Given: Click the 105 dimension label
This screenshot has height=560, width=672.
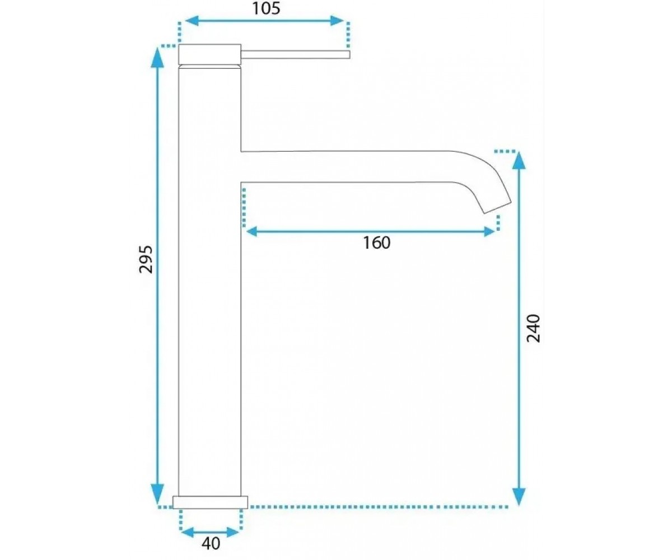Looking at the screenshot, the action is point(266,9).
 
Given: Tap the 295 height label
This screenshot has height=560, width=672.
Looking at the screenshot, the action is point(146,260).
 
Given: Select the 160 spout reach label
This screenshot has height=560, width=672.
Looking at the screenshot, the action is point(376,243).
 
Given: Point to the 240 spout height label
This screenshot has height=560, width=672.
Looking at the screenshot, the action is point(533,328).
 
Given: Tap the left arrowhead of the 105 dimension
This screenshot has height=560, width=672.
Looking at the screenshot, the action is point(191,21).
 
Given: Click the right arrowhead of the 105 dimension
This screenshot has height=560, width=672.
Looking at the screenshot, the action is point(337,21).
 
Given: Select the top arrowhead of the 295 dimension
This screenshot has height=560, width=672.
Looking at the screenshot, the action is point(157,57).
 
